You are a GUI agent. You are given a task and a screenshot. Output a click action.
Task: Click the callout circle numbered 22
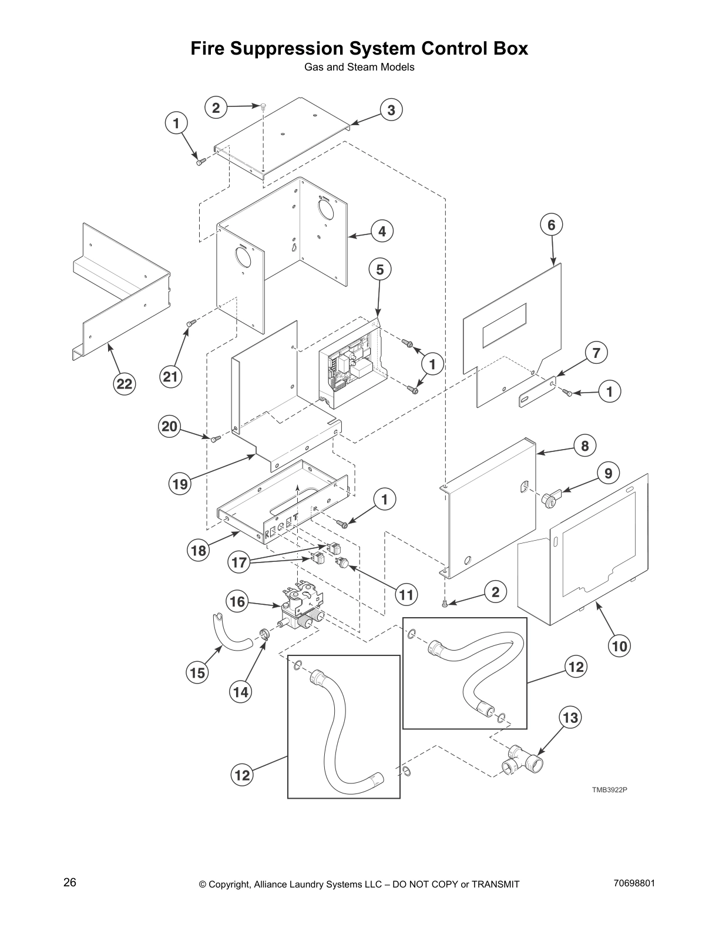(x=125, y=384)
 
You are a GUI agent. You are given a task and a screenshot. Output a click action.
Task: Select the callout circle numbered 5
(x=379, y=270)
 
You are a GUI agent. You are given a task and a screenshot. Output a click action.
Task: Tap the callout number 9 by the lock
(x=608, y=473)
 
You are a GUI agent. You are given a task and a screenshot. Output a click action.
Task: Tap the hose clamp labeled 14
(x=264, y=634)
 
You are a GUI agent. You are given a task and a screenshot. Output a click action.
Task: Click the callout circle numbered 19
(x=180, y=484)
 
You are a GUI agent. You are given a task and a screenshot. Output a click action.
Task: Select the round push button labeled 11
(x=341, y=564)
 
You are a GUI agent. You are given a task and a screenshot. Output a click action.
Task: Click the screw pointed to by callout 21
(x=190, y=322)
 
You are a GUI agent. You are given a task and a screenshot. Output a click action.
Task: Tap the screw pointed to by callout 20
(x=214, y=438)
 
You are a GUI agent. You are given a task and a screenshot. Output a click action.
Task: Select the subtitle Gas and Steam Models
(x=359, y=67)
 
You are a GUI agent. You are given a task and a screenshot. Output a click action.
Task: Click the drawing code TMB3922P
(x=609, y=789)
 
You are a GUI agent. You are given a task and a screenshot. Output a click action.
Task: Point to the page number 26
(x=70, y=883)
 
